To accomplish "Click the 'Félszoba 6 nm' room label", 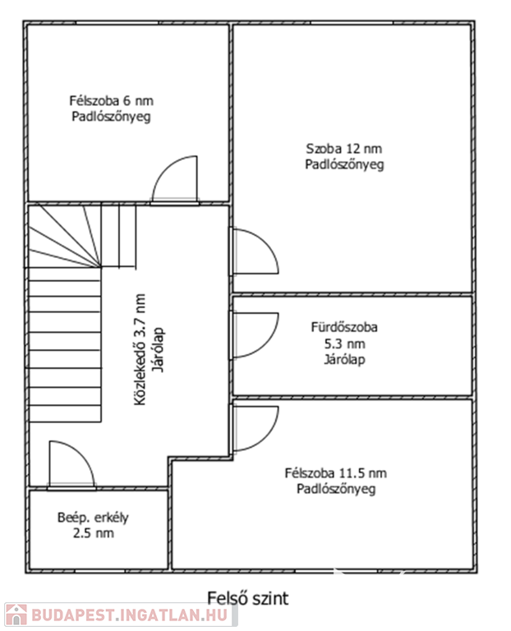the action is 111,100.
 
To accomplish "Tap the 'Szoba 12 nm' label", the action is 344,149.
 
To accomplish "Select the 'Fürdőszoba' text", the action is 344,327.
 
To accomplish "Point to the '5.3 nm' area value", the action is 345,344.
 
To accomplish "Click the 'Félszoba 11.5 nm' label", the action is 335,473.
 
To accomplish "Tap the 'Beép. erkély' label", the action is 93,518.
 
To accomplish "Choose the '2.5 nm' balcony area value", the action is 94,533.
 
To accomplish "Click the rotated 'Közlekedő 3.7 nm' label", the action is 139,349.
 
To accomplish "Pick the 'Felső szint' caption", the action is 248,598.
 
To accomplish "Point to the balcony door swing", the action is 82,454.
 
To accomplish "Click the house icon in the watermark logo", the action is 16,615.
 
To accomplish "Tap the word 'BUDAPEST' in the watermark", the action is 72,615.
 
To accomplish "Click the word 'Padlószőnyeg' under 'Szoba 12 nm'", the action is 344,164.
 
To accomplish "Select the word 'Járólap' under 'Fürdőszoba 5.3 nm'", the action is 345,359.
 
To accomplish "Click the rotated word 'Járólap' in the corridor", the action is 158,349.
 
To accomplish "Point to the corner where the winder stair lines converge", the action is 100,267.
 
